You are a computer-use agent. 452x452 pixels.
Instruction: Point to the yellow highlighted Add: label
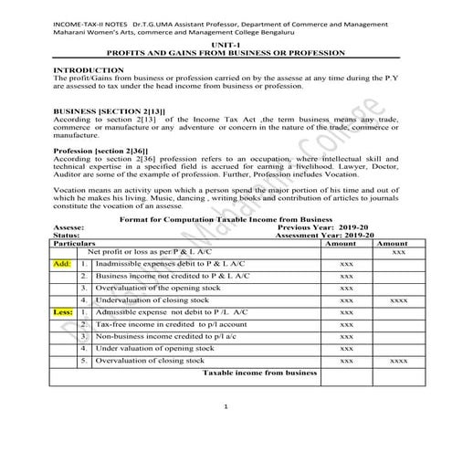pos(63,262)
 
